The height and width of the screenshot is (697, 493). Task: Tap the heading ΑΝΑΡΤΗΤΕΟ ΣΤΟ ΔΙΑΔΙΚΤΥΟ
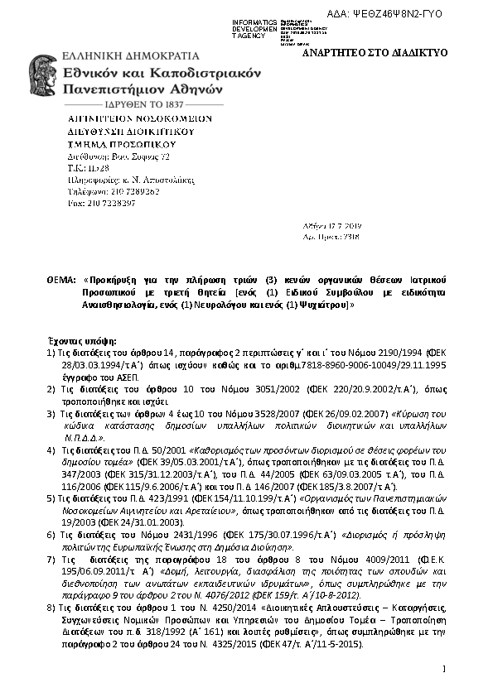(x=375, y=52)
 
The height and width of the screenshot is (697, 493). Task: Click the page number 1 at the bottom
(x=444, y=667)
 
